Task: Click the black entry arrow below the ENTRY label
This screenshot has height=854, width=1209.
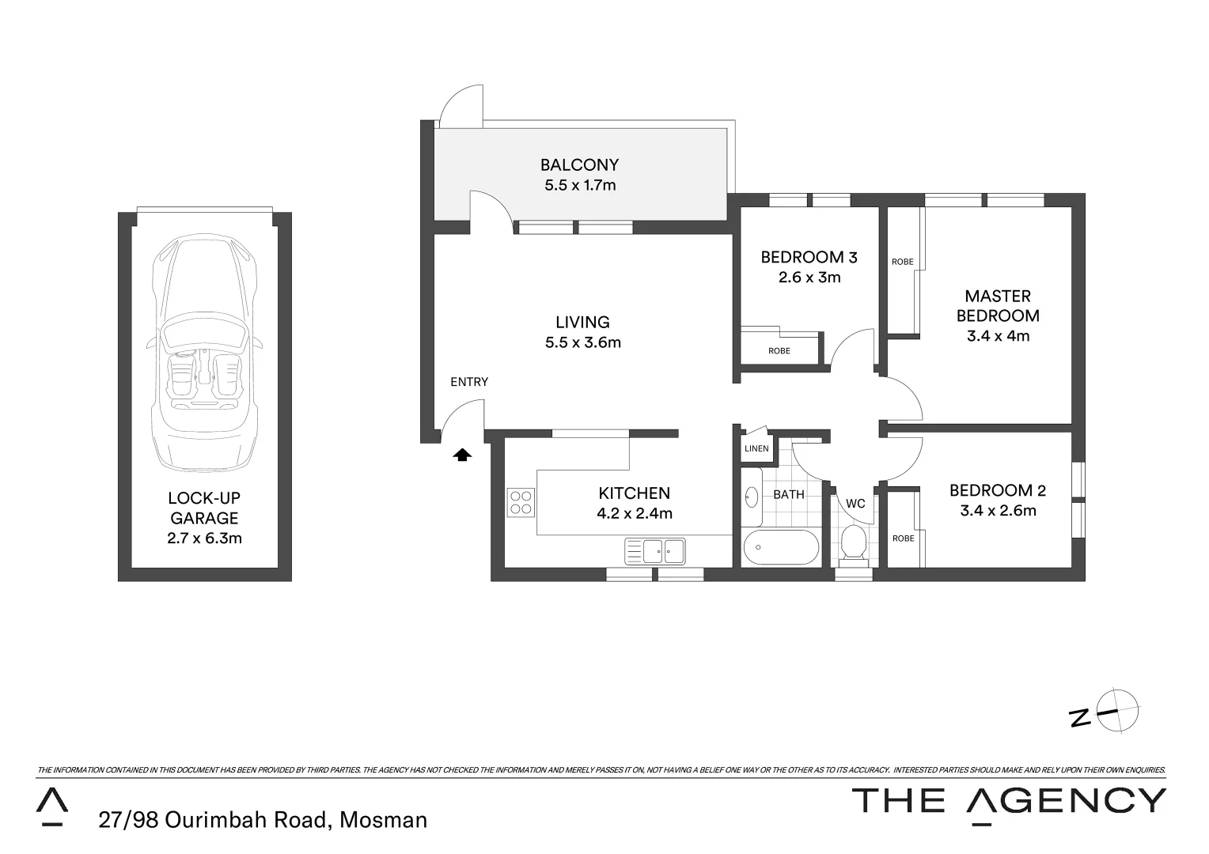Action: [x=462, y=455]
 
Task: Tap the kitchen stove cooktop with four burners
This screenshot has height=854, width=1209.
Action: [x=521, y=502]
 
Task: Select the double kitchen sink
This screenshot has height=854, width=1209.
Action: [x=654, y=550]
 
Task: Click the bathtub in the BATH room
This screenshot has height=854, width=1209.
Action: [x=781, y=547]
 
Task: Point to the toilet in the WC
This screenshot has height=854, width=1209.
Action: [x=853, y=542]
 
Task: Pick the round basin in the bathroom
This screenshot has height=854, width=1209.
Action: [x=752, y=497]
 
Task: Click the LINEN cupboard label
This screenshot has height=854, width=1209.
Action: [x=756, y=448]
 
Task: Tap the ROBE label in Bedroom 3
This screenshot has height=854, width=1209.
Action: [x=779, y=351]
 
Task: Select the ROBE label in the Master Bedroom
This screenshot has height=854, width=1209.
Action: [x=902, y=262]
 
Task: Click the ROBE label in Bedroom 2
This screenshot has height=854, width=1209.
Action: [x=903, y=538]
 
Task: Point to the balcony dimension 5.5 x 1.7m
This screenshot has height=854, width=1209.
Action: [x=579, y=186]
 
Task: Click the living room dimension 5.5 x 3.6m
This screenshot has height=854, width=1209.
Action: [x=582, y=342]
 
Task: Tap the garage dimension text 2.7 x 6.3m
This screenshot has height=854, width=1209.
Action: [x=204, y=538]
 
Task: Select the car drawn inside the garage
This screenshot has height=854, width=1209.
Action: [x=204, y=348]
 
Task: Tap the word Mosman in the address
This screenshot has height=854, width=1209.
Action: [x=383, y=820]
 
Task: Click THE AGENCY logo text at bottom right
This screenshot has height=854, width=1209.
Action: [x=1008, y=801]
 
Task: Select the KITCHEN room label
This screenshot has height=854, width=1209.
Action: [x=634, y=493]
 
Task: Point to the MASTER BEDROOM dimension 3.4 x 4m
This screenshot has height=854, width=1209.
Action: [x=998, y=335]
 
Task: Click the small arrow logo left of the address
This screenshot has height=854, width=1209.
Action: [x=52, y=806]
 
